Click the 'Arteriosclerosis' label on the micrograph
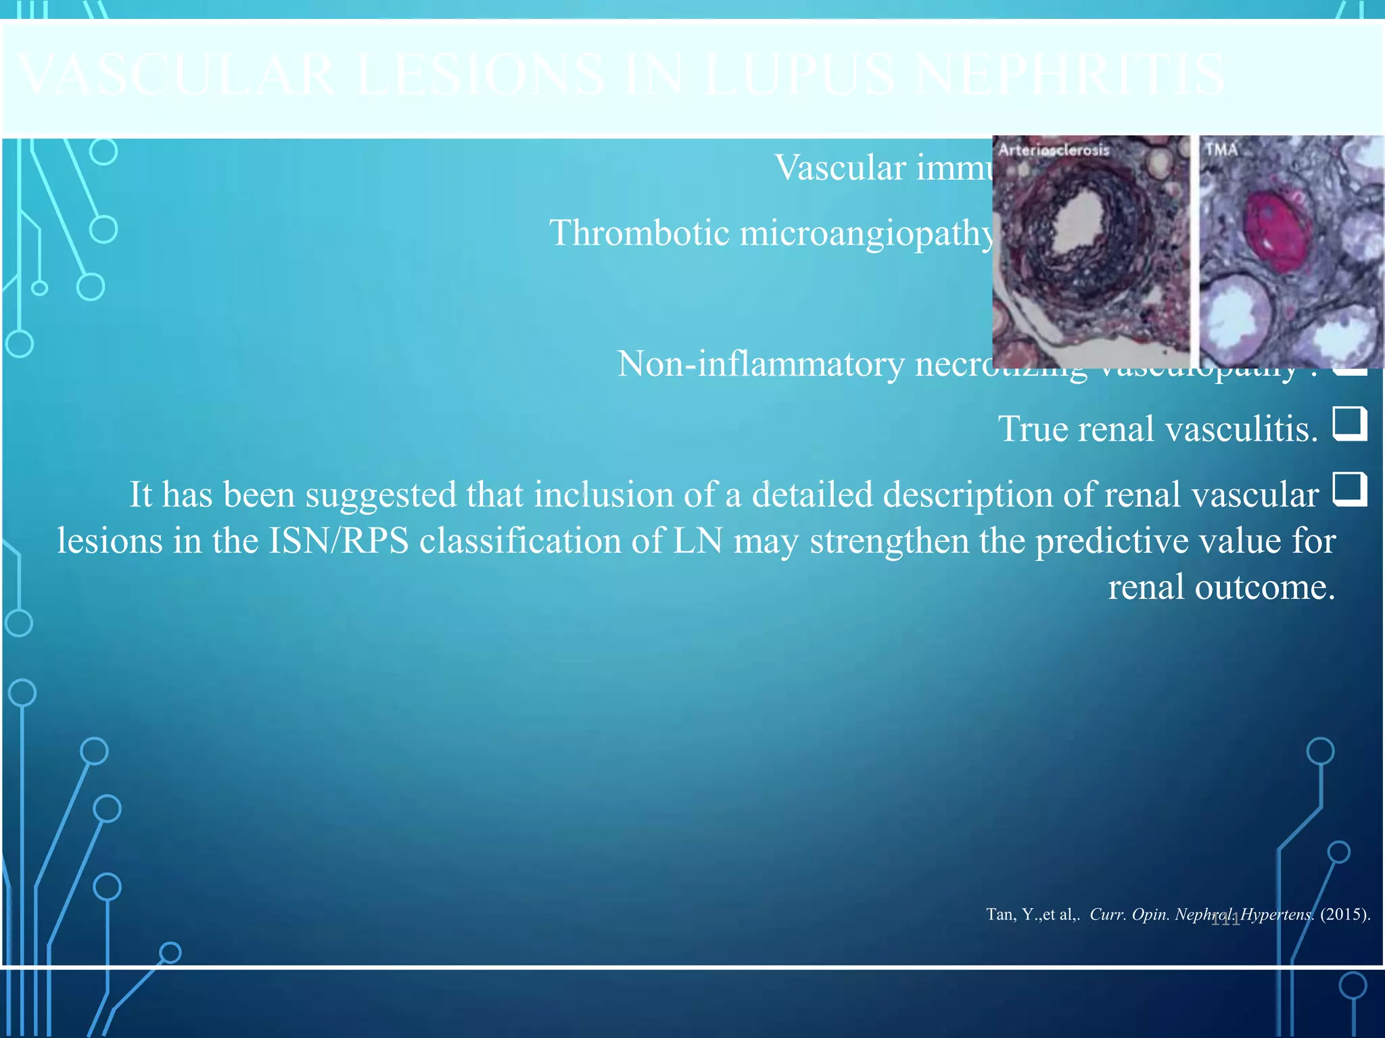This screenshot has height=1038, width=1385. [1054, 150]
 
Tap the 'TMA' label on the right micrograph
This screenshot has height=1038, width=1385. [1221, 149]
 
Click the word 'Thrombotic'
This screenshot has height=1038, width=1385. [639, 233]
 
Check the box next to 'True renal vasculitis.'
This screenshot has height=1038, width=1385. [1350, 424]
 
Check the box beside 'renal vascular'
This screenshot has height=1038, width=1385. [1350, 489]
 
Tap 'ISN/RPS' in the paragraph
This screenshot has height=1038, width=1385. [339, 541]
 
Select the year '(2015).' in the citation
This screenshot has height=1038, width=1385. [1345, 914]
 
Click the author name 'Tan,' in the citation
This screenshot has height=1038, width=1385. [1000, 914]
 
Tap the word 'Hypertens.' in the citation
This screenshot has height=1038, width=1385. [1277, 914]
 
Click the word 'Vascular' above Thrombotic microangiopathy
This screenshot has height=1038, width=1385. [839, 168]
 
